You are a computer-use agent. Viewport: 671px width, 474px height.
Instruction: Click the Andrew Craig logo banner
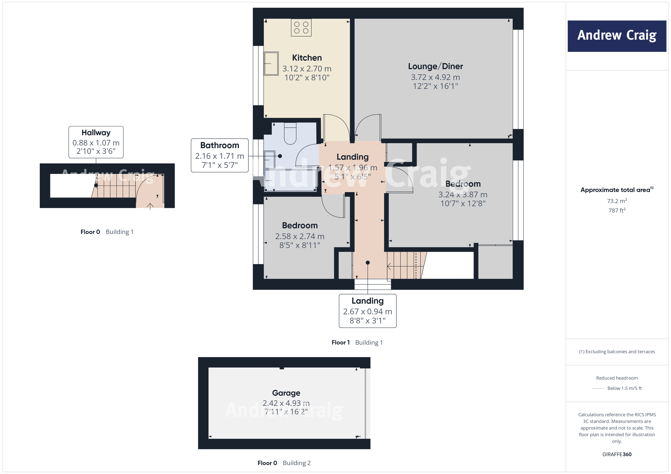point(617,36)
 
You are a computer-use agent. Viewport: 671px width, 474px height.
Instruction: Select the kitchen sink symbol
point(271,64)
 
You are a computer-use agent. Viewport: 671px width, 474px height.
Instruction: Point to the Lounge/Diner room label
point(435,66)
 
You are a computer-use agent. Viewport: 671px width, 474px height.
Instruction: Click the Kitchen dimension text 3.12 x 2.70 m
point(307,69)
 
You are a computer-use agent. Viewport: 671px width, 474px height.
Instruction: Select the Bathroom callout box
point(219,155)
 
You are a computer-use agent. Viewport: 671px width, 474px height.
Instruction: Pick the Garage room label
point(286,393)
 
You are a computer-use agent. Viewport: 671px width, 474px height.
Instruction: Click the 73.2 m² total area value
point(617,201)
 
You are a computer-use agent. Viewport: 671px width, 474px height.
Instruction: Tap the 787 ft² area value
point(617,210)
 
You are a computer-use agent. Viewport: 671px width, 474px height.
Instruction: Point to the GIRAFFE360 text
point(617,454)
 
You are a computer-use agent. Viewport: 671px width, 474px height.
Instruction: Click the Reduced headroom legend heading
point(617,378)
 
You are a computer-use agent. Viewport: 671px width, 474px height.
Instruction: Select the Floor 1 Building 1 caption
point(357,342)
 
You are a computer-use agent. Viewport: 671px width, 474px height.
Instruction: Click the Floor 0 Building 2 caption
point(284,463)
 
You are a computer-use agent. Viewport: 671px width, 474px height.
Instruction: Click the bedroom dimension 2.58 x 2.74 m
point(300,236)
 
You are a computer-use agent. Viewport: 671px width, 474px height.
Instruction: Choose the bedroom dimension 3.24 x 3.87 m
point(463,194)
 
